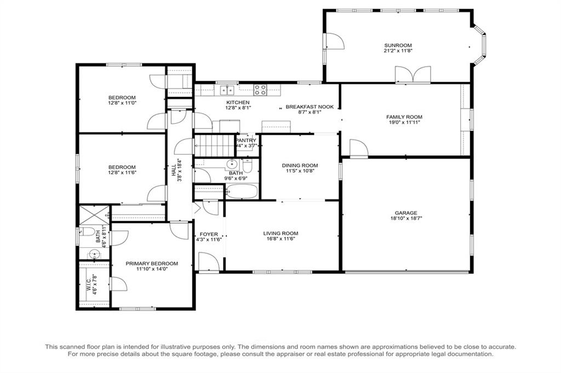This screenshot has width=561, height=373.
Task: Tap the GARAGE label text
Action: tap(406, 213)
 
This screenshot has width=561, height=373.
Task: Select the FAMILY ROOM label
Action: tap(404, 117)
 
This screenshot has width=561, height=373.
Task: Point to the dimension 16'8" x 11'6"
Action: tap(281, 239)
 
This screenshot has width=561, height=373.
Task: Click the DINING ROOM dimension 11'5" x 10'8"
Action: tap(300, 171)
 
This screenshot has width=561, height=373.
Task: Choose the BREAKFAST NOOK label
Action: tap(310, 107)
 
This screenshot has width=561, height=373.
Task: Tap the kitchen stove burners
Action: tap(260, 90)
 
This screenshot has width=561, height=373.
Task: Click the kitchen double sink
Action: tap(227, 90)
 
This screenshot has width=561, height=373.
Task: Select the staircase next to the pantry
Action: tap(214, 145)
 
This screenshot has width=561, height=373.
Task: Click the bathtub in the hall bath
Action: tap(242, 191)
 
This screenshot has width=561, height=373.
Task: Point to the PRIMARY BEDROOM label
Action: tap(152, 264)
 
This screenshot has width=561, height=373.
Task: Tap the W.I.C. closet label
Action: tap(89, 284)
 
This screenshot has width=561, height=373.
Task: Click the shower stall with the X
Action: tap(94, 214)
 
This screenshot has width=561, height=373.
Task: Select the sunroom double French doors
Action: tap(413, 74)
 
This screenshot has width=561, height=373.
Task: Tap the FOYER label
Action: tap(209, 235)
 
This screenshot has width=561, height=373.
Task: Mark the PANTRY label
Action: tap(246, 141)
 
